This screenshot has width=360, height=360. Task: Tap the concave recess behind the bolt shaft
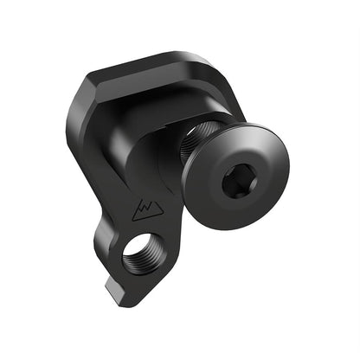[160, 138]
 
